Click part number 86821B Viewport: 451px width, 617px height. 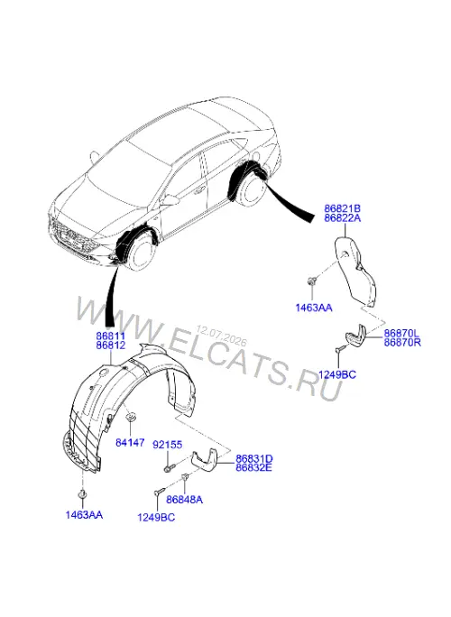pyautogui.click(x=342, y=208)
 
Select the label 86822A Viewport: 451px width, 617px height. pyautogui.click(x=342, y=218)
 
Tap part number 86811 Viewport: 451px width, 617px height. pyautogui.click(x=111, y=336)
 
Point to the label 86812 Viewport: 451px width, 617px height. pyautogui.click(x=111, y=345)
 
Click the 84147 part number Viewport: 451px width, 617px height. pyautogui.click(x=130, y=443)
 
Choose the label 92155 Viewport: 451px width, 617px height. pyautogui.click(x=167, y=445)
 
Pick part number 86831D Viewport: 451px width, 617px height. pyautogui.click(x=253, y=459)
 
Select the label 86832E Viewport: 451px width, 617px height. pyautogui.click(x=253, y=468)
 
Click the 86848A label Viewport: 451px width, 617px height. pyautogui.click(x=184, y=500)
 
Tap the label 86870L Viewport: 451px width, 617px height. pyautogui.click(x=402, y=333)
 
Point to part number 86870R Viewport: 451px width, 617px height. pyautogui.click(x=402, y=343)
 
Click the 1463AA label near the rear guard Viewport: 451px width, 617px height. pyautogui.click(x=314, y=308)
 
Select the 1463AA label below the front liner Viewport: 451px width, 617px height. pyautogui.click(x=84, y=515)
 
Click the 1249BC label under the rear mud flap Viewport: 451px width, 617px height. pyautogui.click(x=336, y=374)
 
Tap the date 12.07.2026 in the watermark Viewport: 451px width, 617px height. pyautogui.click(x=221, y=335)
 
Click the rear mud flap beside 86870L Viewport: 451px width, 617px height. pyautogui.click(x=355, y=336)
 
